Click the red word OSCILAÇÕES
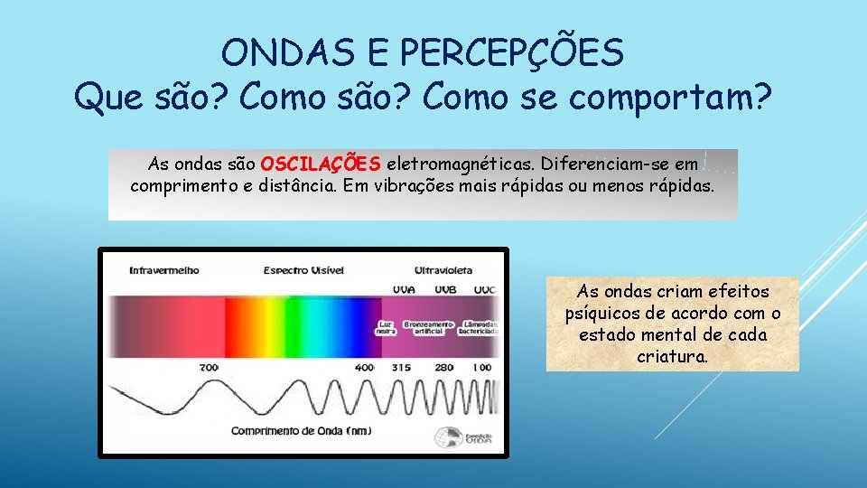click(x=320, y=164)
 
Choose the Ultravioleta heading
click(x=443, y=269)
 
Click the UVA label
click(x=405, y=289)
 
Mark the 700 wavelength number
click(x=209, y=368)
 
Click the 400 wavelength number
click(x=365, y=368)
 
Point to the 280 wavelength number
click(x=444, y=368)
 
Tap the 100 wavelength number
click(x=481, y=368)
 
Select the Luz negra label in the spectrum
click(x=386, y=327)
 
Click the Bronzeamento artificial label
click(x=429, y=327)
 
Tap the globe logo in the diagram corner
click(x=445, y=436)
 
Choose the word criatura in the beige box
click(x=672, y=356)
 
